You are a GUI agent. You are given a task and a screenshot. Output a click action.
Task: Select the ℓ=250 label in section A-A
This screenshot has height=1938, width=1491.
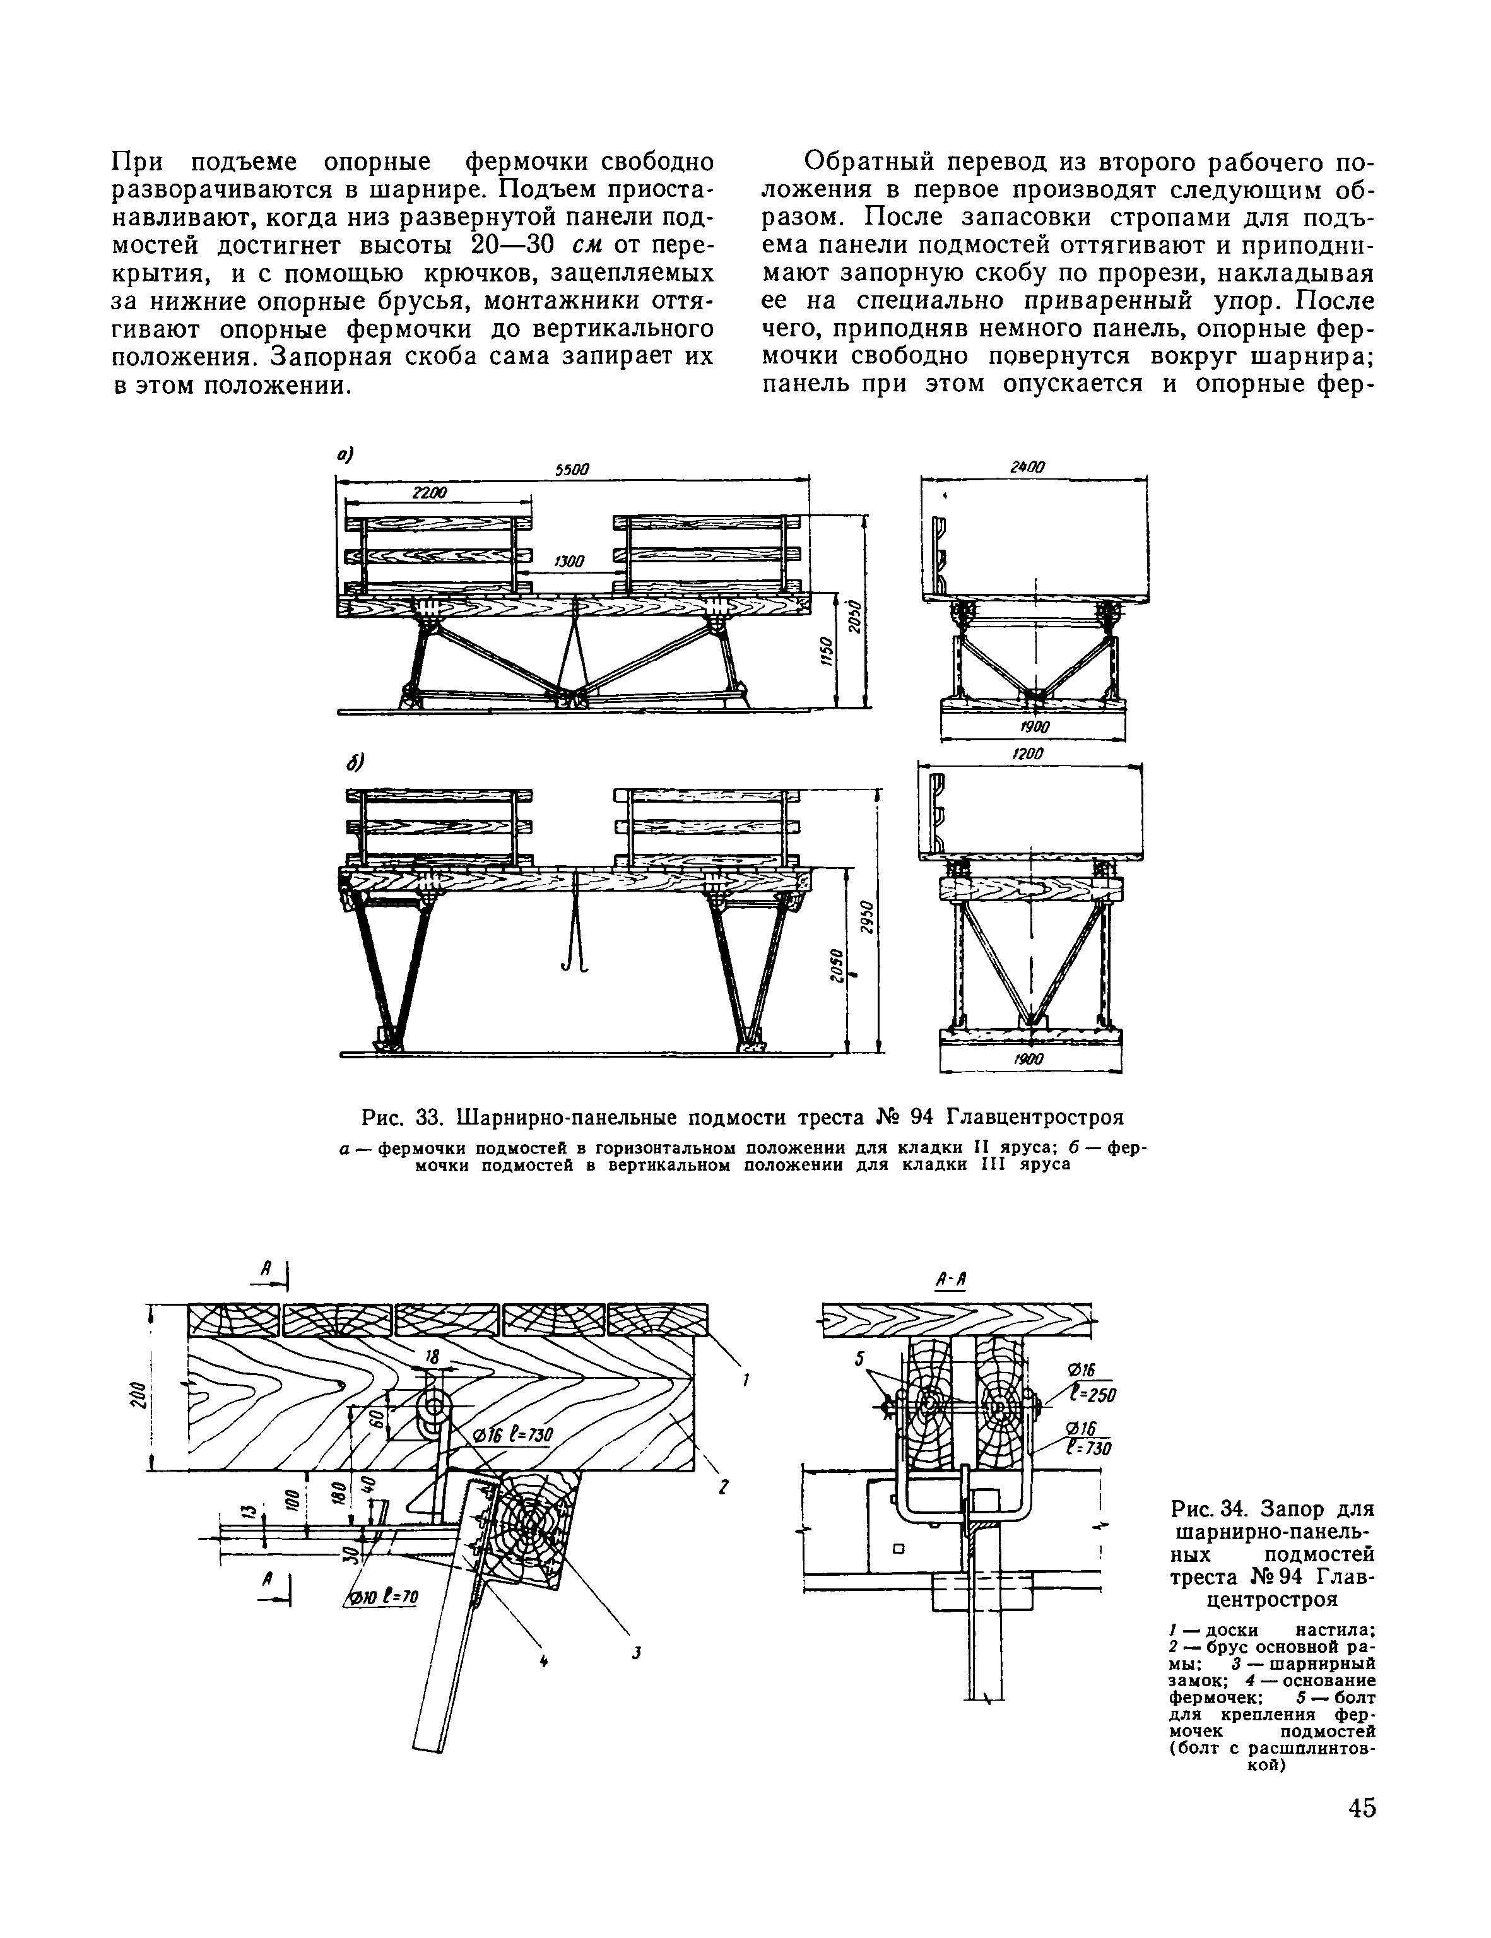[1091, 1393]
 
